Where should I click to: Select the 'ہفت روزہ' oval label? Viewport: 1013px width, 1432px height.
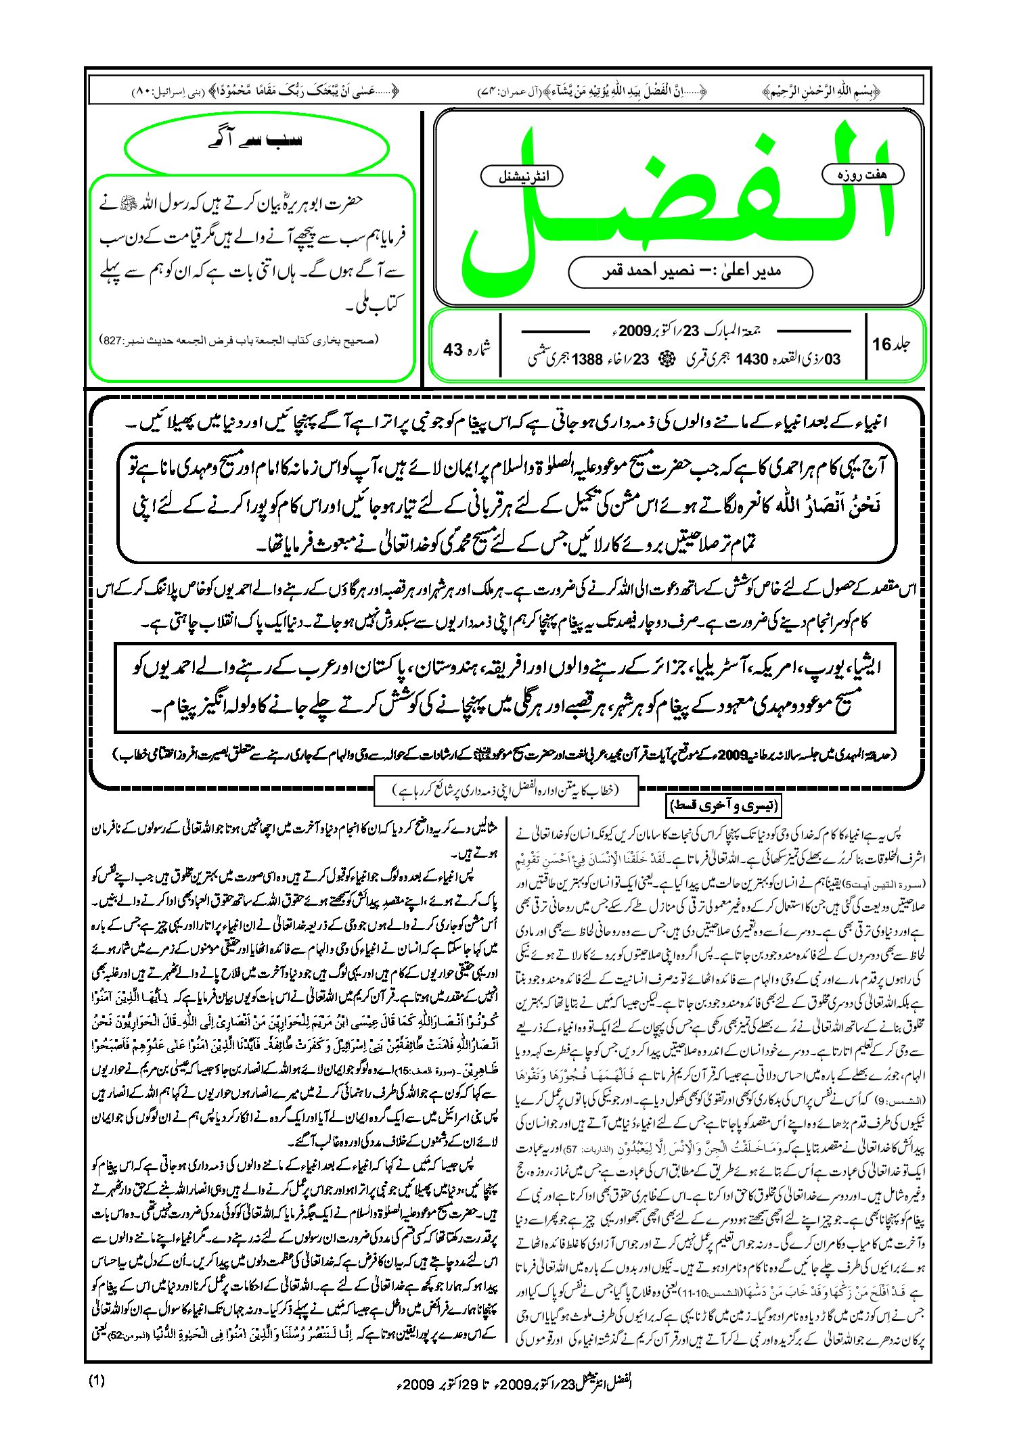[x=863, y=175]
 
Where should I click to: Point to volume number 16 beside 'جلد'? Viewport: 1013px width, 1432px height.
[x=882, y=344]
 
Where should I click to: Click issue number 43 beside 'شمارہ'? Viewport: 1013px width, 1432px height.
[x=453, y=350]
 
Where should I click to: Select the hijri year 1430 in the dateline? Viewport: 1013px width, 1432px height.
[x=751, y=359]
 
